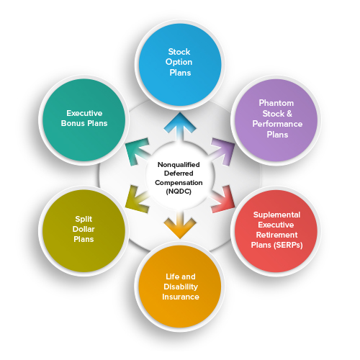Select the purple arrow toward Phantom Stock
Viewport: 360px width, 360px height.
[222, 151]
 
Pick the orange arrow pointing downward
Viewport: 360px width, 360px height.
[180, 225]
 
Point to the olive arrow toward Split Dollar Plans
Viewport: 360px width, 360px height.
[137, 199]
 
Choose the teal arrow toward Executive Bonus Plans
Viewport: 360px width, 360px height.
[138, 152]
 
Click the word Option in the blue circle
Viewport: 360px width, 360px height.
[179, 62]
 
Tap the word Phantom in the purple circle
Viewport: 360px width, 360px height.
[276, 103]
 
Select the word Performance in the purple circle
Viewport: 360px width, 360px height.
[277, 124]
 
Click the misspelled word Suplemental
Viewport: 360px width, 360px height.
[276, 215]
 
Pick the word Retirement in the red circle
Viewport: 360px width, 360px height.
[276, 235]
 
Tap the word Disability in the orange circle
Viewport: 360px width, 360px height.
[181, 287]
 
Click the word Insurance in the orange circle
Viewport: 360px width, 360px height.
[181, 297]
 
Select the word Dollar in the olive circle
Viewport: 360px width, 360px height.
[84, 229]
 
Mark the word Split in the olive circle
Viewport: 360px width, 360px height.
[84, 219]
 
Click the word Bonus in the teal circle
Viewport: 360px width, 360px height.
[73, 123]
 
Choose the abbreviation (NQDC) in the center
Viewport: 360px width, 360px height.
[179, 192]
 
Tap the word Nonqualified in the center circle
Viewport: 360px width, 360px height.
[179, 165]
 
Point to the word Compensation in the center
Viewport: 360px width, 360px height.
[179, 183]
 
